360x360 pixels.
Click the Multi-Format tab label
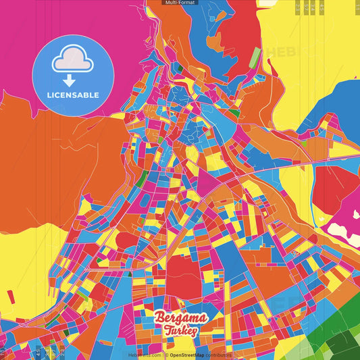pos(179,3)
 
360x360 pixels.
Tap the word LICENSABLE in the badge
pos(72,95)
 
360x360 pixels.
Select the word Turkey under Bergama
pos(180,330)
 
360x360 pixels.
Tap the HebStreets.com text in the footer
pos(145,355)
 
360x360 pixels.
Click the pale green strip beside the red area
pos(254,58)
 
